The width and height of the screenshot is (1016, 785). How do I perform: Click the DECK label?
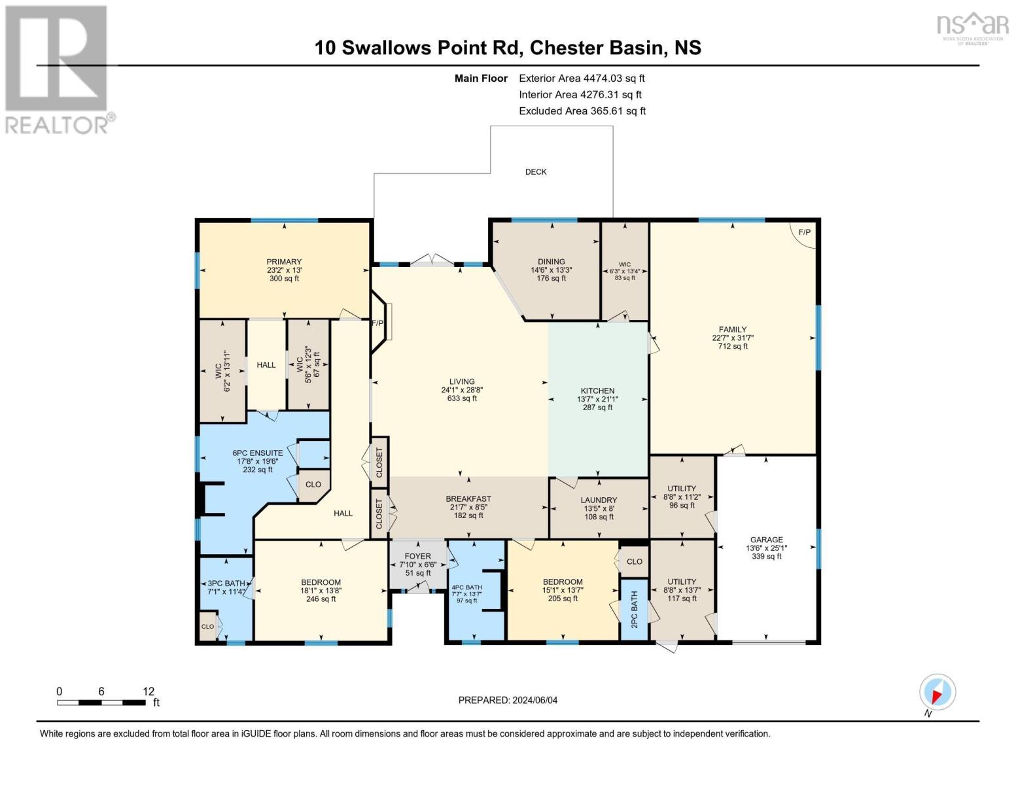tap(535, 172)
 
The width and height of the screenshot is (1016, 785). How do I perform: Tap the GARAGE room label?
tap(766, 540)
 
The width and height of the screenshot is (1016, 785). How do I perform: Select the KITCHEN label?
tap(597, 391)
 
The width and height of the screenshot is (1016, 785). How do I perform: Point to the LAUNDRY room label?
tap(599, 500)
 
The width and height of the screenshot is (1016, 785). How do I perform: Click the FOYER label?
tap(417, 557)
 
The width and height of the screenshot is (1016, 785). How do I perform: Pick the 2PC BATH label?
tap(635, 609)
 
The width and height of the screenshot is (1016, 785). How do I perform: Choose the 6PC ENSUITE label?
tap(258, 453)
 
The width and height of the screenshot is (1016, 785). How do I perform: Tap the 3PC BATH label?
tap(226, 584)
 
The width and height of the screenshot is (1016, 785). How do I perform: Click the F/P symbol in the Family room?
tap(804, 232)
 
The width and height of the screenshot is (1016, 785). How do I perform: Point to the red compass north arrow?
tap(937, 697)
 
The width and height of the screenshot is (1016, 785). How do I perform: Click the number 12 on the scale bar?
tap(149, 691)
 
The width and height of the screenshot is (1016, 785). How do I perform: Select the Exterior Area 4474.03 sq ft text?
tap(582, 78)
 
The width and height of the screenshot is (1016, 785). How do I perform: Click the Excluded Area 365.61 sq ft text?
tap(582, 111)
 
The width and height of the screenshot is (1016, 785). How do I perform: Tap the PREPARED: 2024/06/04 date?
tap(508, 701)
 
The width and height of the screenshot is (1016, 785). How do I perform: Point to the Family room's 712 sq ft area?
tap(733, 347)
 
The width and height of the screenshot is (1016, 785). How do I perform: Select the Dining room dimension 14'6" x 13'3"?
tap(552, 270)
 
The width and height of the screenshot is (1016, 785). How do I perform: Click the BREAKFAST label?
tap(468, 499)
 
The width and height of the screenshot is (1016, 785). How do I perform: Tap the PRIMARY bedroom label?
tap(284, 262)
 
